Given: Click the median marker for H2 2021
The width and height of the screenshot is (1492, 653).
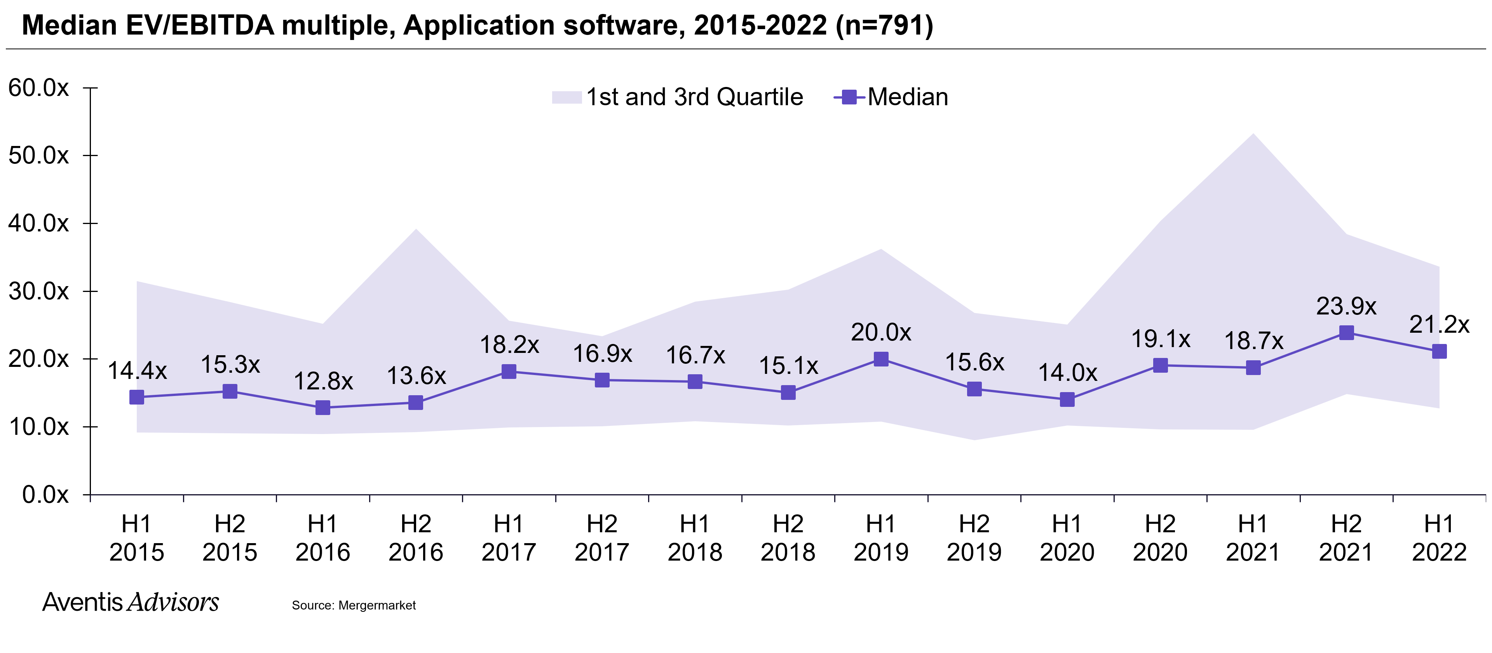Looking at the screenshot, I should coord(1346,332).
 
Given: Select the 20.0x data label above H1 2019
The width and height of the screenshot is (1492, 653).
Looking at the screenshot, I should coord(880,332).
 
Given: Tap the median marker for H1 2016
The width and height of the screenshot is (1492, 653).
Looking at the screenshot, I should coord(322,408).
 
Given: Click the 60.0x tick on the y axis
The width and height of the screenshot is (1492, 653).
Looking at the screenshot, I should coord(38,88).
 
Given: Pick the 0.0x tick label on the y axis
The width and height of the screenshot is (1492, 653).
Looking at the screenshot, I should coord(45,495).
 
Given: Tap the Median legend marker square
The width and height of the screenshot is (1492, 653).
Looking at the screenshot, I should coord(849,97).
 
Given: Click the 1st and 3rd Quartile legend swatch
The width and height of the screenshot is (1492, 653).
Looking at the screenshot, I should coord(566,97).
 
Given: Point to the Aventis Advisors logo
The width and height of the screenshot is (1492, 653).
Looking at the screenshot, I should coord(130,602).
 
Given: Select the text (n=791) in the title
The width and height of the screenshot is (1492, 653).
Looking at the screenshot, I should coord(884,26).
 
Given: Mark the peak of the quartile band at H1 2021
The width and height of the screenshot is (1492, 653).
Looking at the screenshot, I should coord(1253,135).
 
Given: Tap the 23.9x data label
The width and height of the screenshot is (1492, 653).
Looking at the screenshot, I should coord(1346,306).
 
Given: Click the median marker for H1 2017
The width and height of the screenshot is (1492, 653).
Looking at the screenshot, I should coord(509,371).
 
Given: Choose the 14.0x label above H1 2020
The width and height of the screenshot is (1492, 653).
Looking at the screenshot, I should coord(1067,373).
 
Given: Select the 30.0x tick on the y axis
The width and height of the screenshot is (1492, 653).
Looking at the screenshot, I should coord(38,291).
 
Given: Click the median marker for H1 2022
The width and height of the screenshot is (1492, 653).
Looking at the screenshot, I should coord(1439,351).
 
